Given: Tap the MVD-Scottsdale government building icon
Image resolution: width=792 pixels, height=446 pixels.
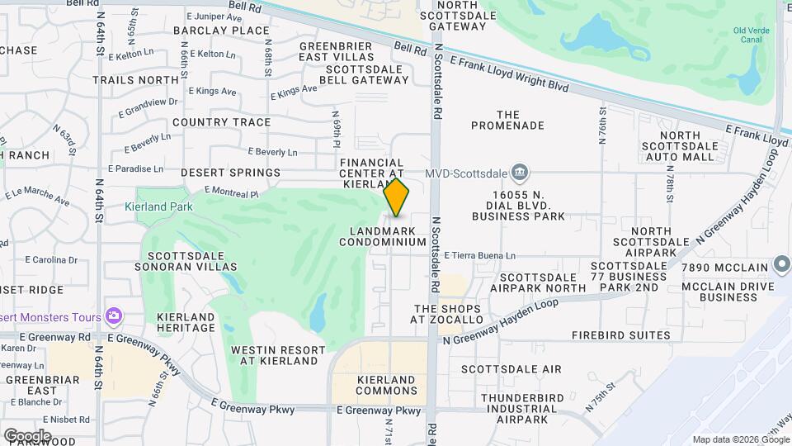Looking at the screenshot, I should (520, 173).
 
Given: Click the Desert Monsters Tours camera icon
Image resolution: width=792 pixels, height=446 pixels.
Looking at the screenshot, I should (114, 316).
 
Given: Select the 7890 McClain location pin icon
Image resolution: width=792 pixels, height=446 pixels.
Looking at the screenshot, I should (782, 265).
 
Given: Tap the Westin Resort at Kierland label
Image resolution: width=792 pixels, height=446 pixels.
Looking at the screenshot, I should (274, 355).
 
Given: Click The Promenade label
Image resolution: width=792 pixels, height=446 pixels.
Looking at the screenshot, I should (508, 120).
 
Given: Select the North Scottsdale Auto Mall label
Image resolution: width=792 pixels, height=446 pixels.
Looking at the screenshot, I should (691, 145).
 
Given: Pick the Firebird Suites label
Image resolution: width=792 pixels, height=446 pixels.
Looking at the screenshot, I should (621, 335).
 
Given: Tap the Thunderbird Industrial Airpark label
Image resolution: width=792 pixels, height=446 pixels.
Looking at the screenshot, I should (521, 408).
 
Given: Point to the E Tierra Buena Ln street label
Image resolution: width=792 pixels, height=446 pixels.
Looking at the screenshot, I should (479, 256).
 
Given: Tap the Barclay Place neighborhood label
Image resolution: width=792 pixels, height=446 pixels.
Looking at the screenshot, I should (210, 31).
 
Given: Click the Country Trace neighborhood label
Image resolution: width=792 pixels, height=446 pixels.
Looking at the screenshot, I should (222, 122).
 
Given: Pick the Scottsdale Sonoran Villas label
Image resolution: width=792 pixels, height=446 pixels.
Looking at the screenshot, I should (186, 261).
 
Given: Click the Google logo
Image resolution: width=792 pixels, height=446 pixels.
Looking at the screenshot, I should (26, 435).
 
